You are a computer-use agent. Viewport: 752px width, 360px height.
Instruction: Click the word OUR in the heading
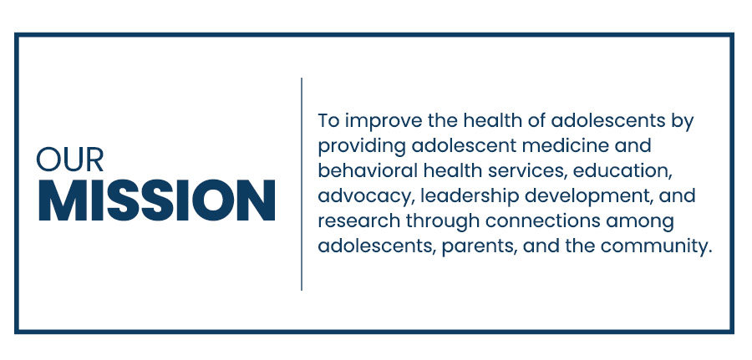(x=70, y=160)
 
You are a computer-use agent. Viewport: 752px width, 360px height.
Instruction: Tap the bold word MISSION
(x=156, y=200)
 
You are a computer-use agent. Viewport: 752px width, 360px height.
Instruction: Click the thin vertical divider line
(x=302, y=184)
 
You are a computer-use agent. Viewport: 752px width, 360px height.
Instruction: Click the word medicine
(x=563, y=145)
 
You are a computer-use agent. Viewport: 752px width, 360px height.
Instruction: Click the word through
(x=443, y=222)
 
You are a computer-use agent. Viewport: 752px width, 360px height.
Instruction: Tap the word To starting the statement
(x=328, y=120)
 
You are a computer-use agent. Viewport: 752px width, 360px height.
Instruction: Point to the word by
(x=683, y=122)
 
